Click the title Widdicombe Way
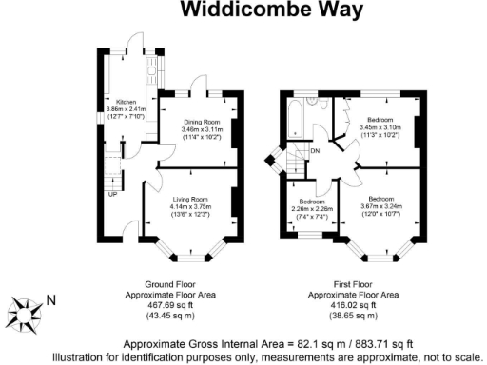tap(243, 11)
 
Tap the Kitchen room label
tap(127, 102)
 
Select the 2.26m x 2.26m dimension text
tap(312, 209)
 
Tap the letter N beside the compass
tap(51, 301)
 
